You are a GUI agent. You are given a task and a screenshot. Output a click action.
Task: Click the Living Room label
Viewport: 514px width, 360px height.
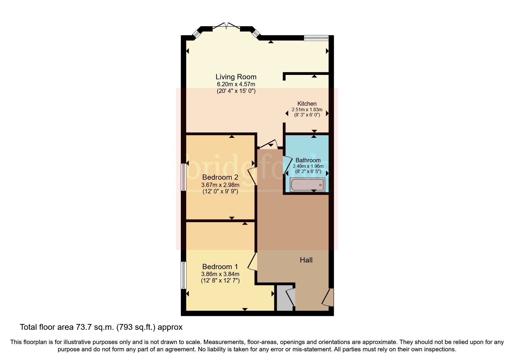point(236,77)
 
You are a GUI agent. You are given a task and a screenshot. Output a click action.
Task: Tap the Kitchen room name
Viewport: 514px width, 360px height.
point(307,104)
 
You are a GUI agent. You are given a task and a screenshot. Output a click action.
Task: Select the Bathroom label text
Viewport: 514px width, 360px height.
point(308,160)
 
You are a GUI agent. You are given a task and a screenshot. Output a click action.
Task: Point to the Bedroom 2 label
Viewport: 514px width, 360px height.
point(220,177)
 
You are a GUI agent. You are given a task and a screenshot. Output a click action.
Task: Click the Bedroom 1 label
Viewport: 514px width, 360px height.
point(220,267)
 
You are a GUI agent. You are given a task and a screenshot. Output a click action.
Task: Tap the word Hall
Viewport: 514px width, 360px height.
point(306,260)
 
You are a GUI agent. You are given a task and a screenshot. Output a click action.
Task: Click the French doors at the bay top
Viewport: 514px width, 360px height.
point(226,26)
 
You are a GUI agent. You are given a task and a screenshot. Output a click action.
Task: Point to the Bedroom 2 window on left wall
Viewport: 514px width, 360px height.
point(184,177)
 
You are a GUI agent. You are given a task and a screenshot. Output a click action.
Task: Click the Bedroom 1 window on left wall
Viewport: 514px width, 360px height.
point(184,275)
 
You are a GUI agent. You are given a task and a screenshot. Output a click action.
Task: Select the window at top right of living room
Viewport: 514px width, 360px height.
point(316,38)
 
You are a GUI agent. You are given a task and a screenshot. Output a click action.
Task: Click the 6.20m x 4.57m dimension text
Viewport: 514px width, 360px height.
point(236,84)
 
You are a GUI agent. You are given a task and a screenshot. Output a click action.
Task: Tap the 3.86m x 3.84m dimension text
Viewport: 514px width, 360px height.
point(220,274)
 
